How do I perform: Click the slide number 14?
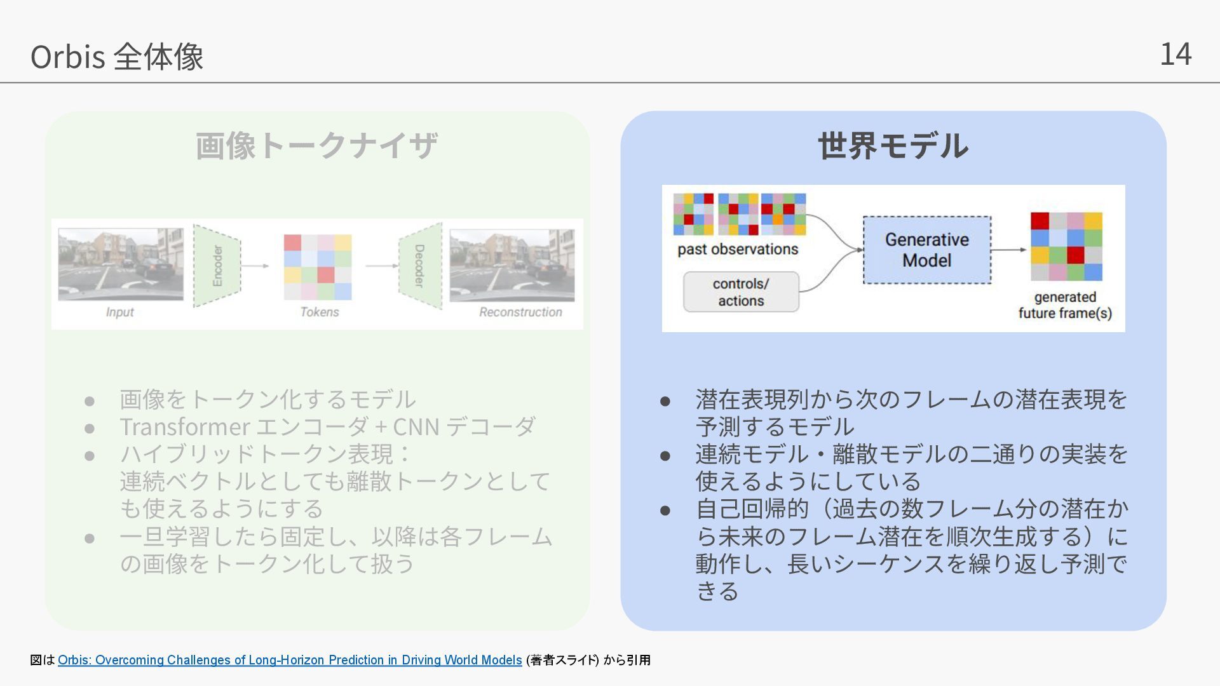click(1176, 54)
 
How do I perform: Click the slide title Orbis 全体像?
click(117, 57)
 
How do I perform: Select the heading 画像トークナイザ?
click(316, 145)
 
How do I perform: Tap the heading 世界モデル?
click(893, 145)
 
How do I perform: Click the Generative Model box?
click(926, 250)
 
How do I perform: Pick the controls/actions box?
click(741, 292)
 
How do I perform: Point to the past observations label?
click(738, 249)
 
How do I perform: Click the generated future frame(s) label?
click(1065, 305)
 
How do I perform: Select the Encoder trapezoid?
click(217, 266)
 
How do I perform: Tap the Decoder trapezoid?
click(420, 266)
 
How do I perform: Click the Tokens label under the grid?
click(319, 312)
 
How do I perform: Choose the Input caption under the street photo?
click(119, 312)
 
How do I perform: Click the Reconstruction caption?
click(520, 312)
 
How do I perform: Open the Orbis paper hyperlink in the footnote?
click(290, 660)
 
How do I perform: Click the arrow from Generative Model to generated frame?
click(1009, 250)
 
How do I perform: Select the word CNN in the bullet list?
click(416, 427)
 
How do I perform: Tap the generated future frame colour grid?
click(1066, 246)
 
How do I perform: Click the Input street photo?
click(121, 264)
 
